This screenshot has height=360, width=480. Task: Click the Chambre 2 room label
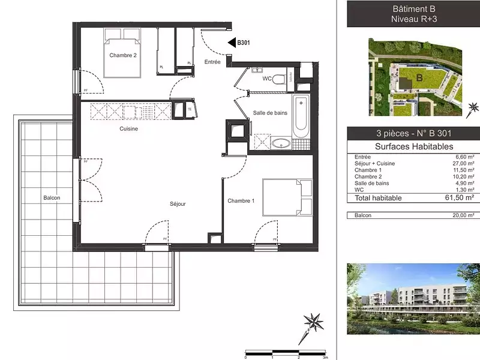(123, 55)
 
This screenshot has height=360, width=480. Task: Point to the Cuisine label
(129, 128)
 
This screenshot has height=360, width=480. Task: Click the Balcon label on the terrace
(52, 198)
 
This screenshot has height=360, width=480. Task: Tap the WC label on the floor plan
(268, 79)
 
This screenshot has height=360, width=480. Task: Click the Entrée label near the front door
(212, 62)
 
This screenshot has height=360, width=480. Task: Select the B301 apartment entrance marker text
(244, 43)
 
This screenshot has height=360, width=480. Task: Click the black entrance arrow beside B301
(232, 43)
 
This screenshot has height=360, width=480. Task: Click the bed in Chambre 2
(122, 55)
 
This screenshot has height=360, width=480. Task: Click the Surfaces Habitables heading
(414, 146)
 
